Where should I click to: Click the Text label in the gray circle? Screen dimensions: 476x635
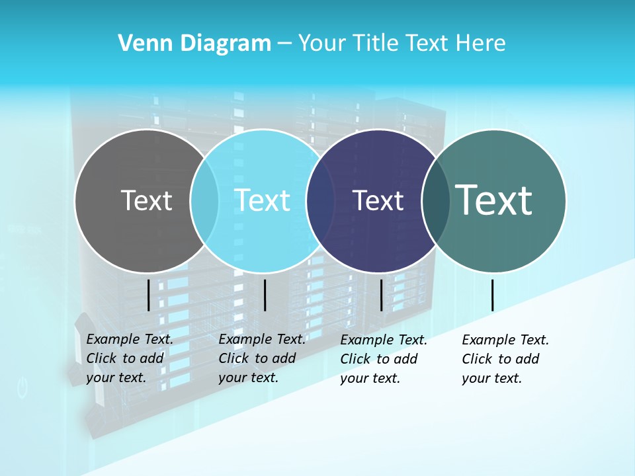[146, 200]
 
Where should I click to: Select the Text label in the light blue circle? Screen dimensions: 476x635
[263, 200]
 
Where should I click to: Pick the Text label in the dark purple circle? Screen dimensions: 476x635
[378, 200]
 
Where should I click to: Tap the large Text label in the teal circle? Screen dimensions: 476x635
[494, 200]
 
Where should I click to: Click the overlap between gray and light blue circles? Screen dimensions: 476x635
[204, 200]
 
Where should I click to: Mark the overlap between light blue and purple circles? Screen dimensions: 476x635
[320, 200]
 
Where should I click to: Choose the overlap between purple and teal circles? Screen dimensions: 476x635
[436, 200]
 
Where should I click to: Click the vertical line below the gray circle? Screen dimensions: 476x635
[149, 295]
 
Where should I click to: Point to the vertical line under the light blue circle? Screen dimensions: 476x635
[265, 295]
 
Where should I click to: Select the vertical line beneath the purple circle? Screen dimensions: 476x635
[381, 295]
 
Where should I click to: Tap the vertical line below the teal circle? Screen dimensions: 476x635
[492, 295]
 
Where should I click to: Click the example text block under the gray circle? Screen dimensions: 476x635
[129, 358]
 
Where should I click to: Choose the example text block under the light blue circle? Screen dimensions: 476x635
[261, 358]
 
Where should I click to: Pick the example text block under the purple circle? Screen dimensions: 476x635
[383, 359]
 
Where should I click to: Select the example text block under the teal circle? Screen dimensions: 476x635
[505, 359]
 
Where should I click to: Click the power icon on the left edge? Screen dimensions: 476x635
[22, 387]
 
